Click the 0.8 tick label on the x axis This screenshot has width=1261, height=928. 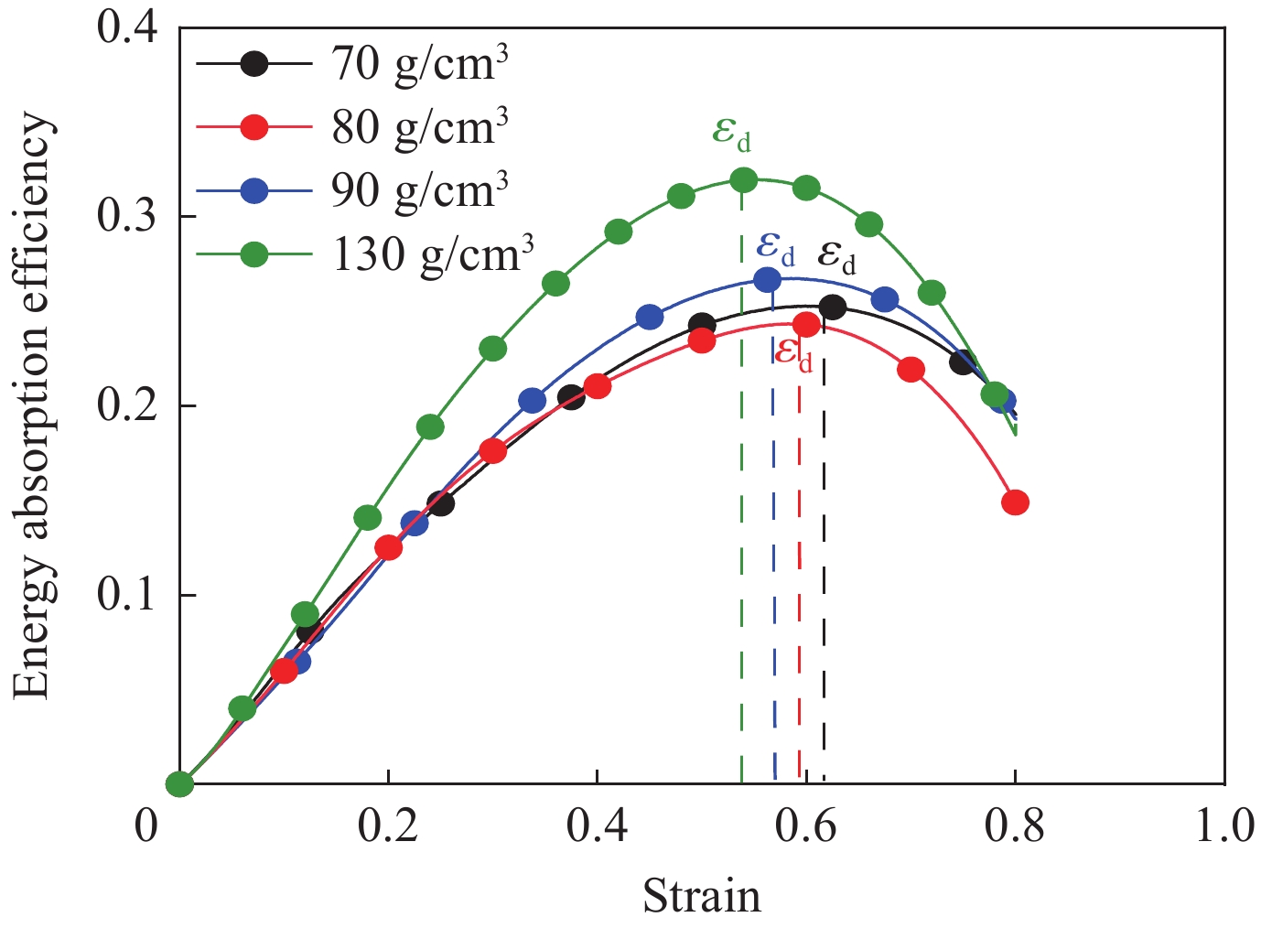pos(1015,825)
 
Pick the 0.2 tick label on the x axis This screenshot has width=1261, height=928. pos(388,825)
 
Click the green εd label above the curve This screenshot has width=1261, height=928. pos(731,135)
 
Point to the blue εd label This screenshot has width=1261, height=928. pos(775,247)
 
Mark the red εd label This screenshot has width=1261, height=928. pos(792,352)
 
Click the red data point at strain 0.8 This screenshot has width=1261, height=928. pos(1015,502)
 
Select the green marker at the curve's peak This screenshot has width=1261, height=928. pos(744,179)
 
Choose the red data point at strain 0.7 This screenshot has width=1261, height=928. pos(911,370)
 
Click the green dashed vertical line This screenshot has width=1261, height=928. pos(741,503)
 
